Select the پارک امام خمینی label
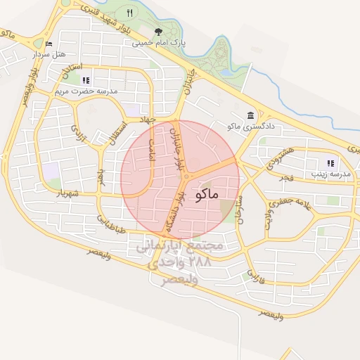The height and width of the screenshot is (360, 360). (161, 42)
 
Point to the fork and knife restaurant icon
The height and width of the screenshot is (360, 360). (129, 13)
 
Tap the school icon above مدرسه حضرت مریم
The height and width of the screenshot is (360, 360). (86, 81)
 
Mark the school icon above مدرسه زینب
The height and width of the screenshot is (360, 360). (330, 163)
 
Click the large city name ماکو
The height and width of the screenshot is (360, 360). (204, 193)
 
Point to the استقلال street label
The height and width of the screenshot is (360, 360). (113, 138)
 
